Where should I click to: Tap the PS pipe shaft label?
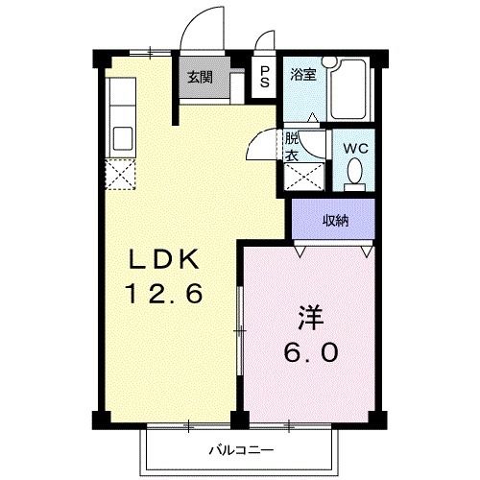tap(266, 78)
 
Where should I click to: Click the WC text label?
tap(354, 149)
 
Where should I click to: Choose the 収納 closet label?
tap(335, 221)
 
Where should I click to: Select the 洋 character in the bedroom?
tap(310, 316)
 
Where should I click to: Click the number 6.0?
tap(310, 351)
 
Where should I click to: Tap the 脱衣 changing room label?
tap(291, 146)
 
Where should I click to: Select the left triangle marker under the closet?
tap(301, 251)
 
